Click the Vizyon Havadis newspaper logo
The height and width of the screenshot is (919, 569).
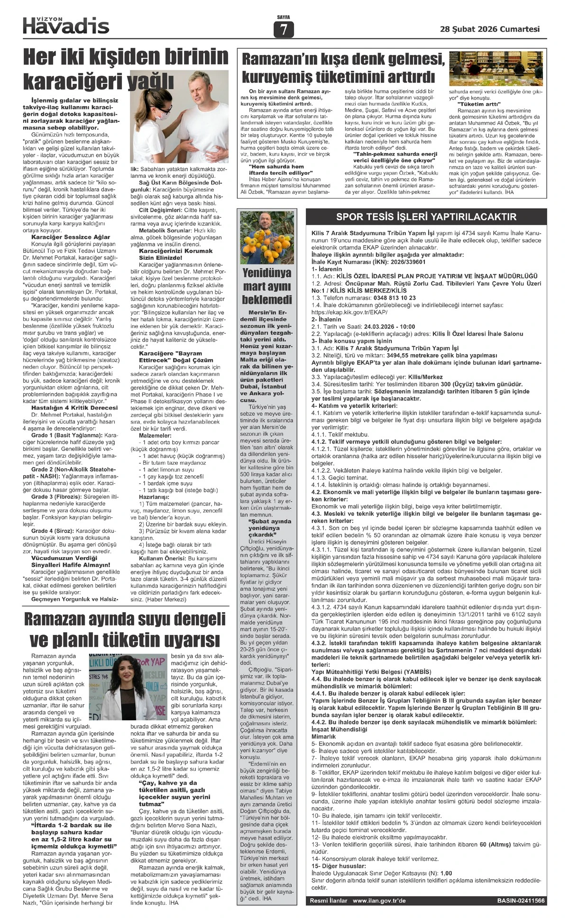(x=66, y=25)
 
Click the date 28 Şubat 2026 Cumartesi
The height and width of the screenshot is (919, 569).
(x=490, y=29)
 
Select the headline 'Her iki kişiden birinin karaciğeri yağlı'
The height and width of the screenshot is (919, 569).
(x=126, y=69)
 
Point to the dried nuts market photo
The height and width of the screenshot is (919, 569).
(x=496, y=68)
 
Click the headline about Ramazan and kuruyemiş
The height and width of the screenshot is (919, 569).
(x=343, y=68)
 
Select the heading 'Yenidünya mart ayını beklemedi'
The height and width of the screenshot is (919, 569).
(x=267, y=286)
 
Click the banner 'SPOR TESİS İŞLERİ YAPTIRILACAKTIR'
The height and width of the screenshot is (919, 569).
(x=426, y=217)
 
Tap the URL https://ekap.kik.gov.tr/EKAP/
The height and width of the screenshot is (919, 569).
(x=349, y=312)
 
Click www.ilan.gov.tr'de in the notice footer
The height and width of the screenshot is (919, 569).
(x=379, y=901)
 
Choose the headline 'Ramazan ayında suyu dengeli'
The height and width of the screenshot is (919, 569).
(x=125, y=619)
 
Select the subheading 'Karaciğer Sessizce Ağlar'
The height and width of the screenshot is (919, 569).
(x=71, y=237)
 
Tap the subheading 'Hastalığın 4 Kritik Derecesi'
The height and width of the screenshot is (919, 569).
(x=74, y=407)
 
